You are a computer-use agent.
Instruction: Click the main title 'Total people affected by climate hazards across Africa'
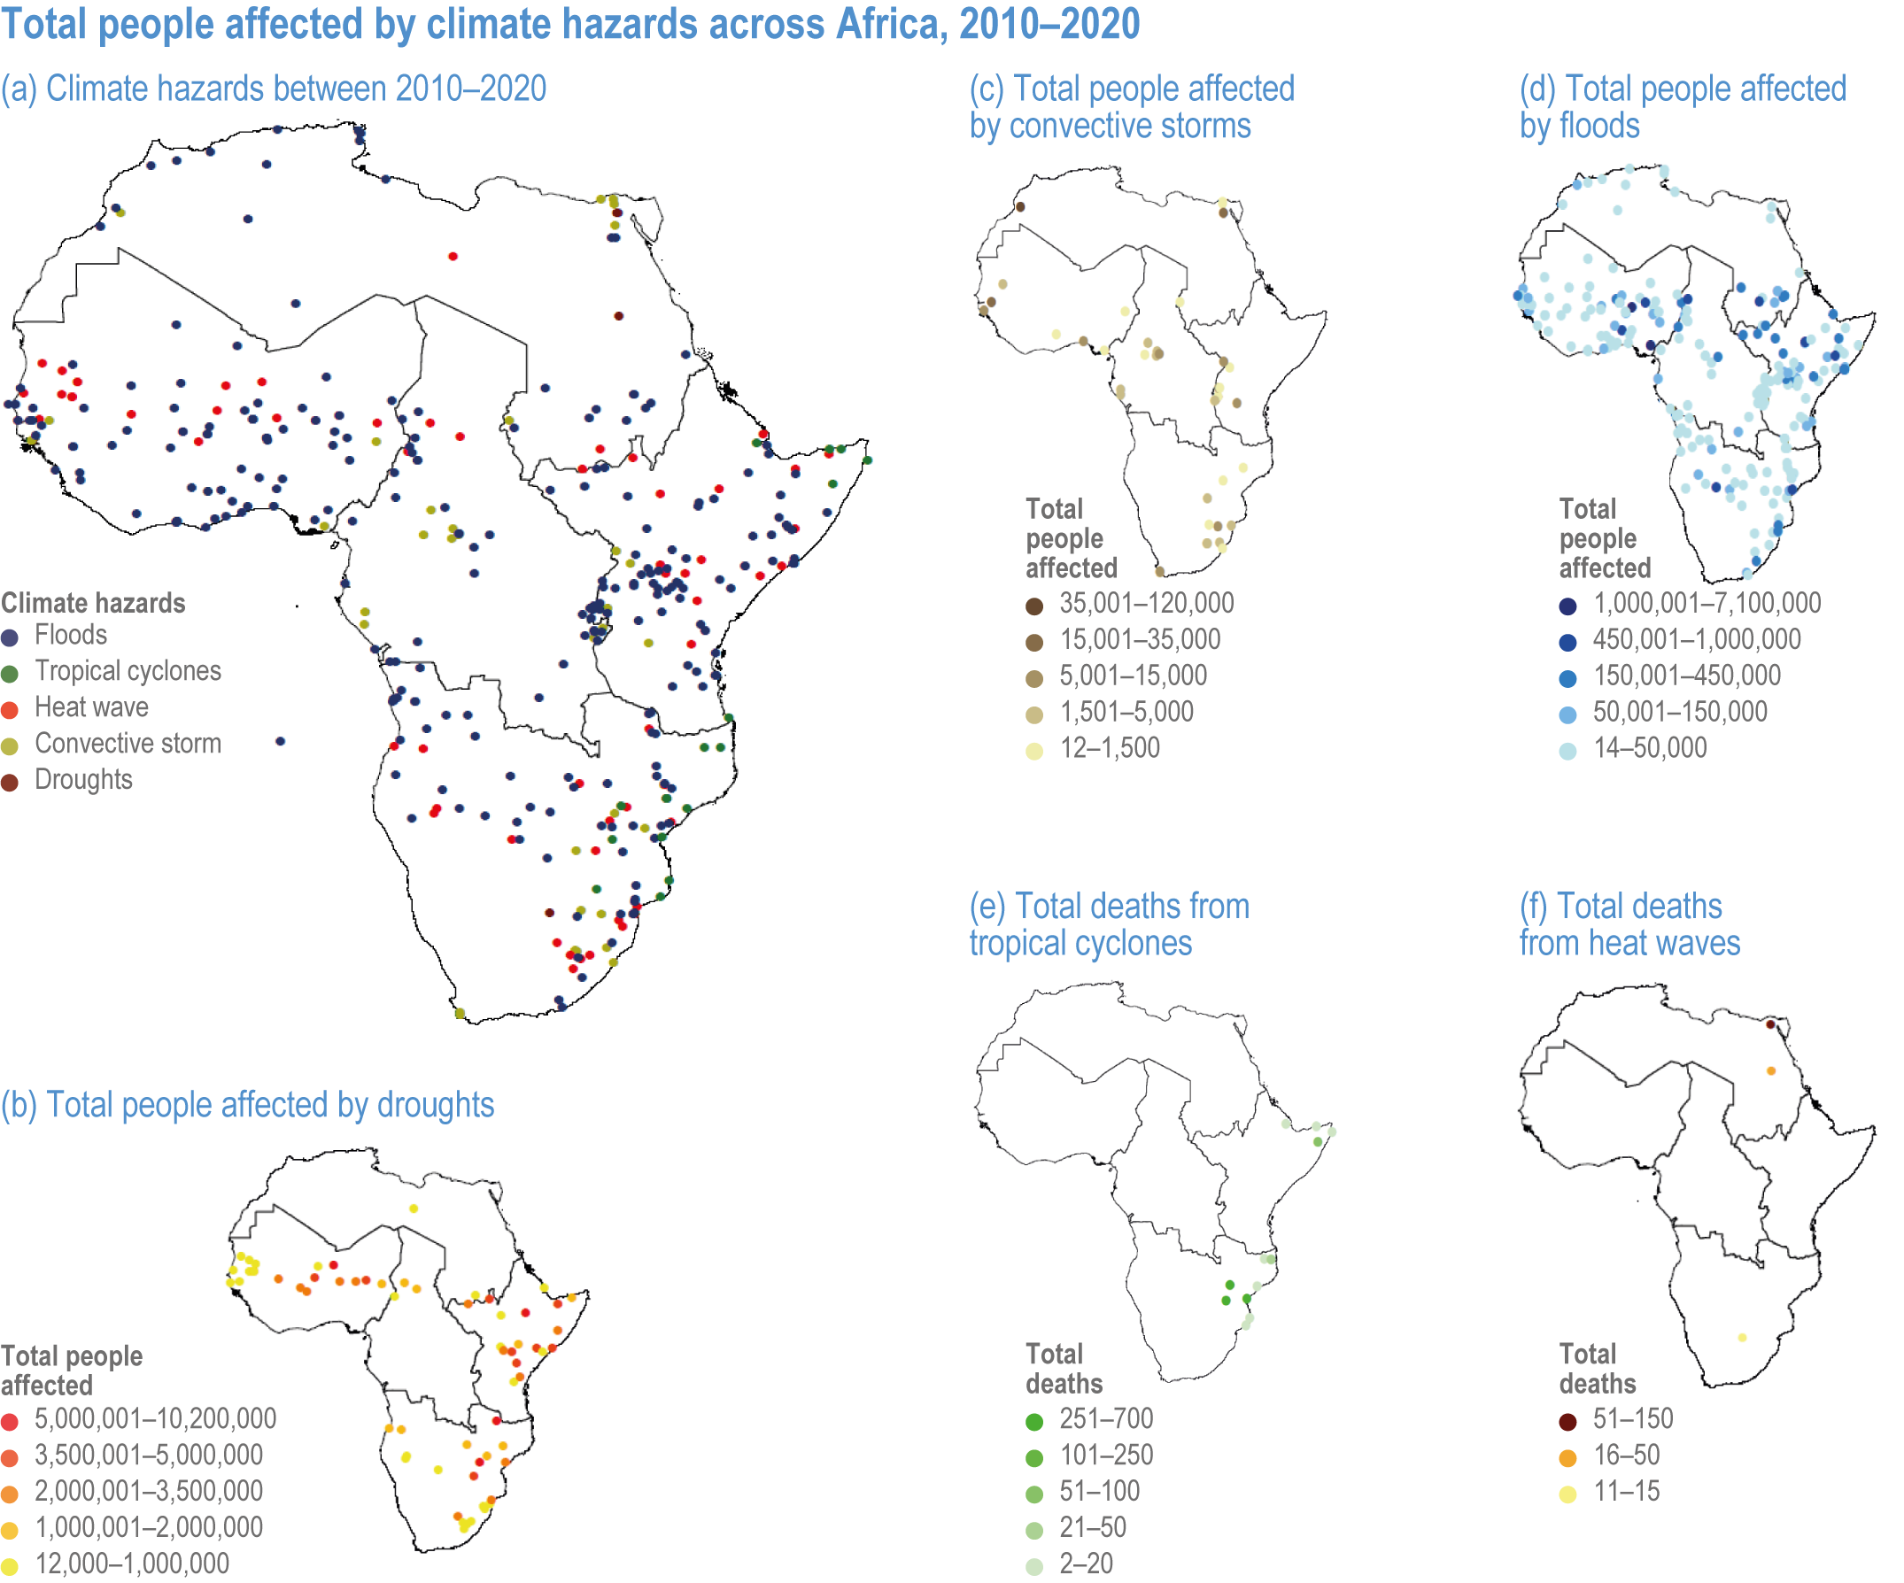(569, 24)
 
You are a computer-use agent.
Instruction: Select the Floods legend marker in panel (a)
(10, 637)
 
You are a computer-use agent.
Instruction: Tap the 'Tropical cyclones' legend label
(128, 671)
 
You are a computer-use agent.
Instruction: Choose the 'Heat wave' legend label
(91, 707)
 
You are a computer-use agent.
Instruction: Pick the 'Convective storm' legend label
(128, 744)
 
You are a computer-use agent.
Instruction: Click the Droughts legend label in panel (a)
(83, 780)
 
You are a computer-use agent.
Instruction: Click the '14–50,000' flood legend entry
(1649, 748)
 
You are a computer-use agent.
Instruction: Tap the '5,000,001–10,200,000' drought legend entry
(155, 1419)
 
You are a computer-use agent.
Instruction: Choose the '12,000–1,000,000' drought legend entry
(131, 1564)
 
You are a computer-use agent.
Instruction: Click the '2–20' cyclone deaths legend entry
(1086, 1564)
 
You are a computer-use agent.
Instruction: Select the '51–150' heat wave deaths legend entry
(1633, 1419)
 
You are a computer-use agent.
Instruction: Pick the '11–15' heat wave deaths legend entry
(1627, 1492)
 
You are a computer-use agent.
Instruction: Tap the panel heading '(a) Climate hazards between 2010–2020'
(274, 89)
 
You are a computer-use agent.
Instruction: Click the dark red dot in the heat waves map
(1771, 1024)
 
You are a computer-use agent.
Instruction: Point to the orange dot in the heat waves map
(1772, 1071)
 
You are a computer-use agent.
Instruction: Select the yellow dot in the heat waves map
(1743, 1337)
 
